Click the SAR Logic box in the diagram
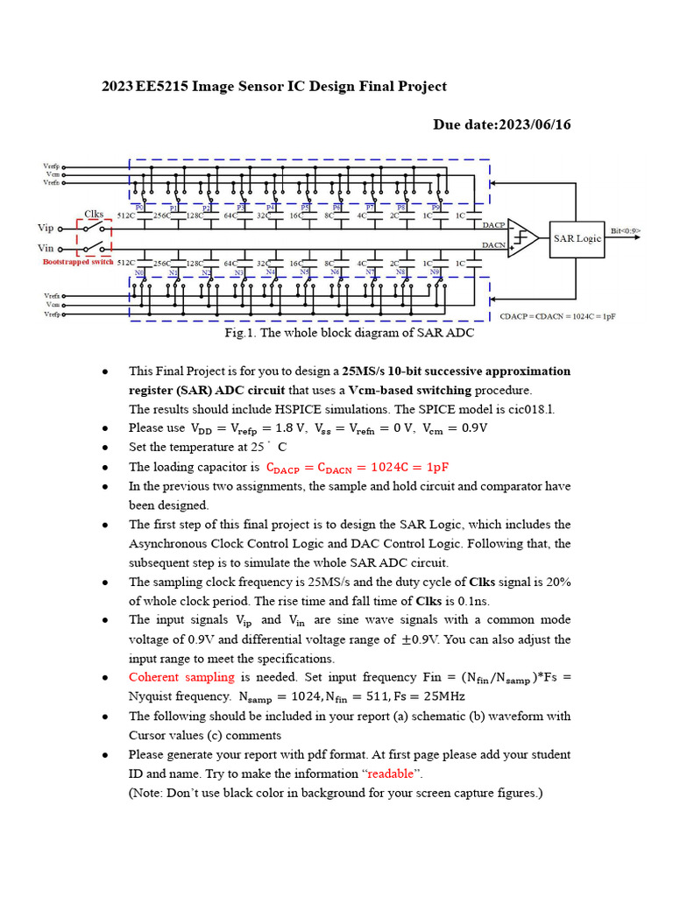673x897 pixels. click(577, 238)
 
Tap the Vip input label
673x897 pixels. click(46, 228)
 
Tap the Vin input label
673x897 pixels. click(46, 249)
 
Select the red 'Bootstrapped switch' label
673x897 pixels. click(78, 262)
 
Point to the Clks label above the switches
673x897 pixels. click(94, 213)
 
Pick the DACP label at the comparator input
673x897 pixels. click(493, 224)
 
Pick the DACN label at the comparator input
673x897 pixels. click(493, 246)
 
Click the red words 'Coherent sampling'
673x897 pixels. click(181, 677)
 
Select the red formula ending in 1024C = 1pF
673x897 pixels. click(357, 467)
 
